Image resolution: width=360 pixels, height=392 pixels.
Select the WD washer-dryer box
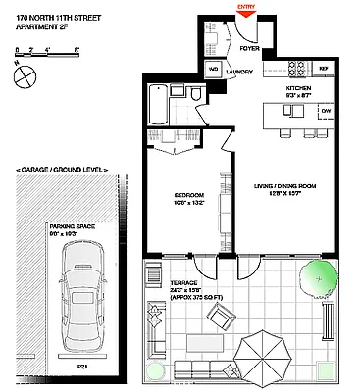point(213,70)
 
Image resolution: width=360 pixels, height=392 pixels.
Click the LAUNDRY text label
point(240,72)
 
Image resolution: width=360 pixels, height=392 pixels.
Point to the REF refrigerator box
point(323,68)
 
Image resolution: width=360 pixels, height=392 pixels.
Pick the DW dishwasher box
point(326,112)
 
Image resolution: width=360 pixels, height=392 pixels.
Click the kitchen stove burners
point(296,68)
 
